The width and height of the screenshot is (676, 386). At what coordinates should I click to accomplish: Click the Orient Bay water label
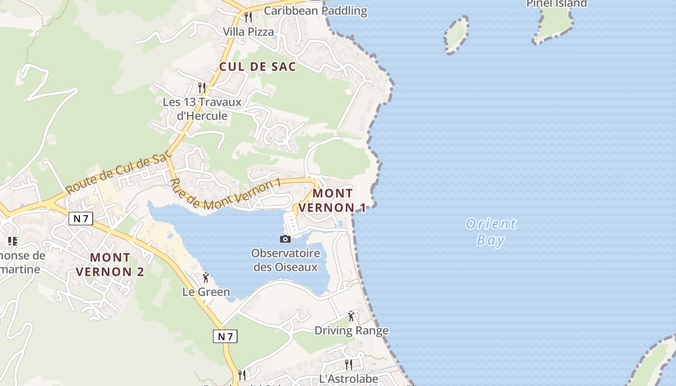(491, 232)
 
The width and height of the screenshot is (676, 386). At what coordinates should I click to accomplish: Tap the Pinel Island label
(556, 4)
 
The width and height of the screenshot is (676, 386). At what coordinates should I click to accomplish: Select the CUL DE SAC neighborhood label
(257, 67)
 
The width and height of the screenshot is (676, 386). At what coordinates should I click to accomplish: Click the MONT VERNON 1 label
(333, 201)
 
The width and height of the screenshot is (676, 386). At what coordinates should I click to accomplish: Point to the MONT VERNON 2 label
(110, 264)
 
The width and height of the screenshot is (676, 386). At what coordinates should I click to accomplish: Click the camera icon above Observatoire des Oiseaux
(285, 239)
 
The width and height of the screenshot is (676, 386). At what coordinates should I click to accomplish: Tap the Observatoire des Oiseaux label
(285, 260)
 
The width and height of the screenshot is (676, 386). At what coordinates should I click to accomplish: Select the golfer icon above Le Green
(206, 277)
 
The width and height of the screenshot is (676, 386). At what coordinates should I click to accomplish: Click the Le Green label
(206, 292)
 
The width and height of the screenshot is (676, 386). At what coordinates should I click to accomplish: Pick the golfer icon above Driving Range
(351, 316)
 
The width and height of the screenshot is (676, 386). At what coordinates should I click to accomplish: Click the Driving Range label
(352, 331)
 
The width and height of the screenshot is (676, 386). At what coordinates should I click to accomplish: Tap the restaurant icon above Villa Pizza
(248, 17)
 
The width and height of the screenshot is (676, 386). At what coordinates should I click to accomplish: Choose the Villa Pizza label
(248, 32)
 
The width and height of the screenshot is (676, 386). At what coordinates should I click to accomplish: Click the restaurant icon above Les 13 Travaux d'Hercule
(202, 87)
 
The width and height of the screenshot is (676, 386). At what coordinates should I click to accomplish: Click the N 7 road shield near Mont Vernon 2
(81, 219)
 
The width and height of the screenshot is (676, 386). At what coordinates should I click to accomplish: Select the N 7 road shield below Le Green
(225, 336)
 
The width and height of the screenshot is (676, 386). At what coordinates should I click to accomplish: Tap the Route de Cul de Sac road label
(119, 172)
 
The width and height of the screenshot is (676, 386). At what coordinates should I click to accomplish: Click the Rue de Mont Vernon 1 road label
(225, 194)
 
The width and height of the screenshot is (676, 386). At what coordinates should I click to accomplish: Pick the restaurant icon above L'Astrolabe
(348, 364)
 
